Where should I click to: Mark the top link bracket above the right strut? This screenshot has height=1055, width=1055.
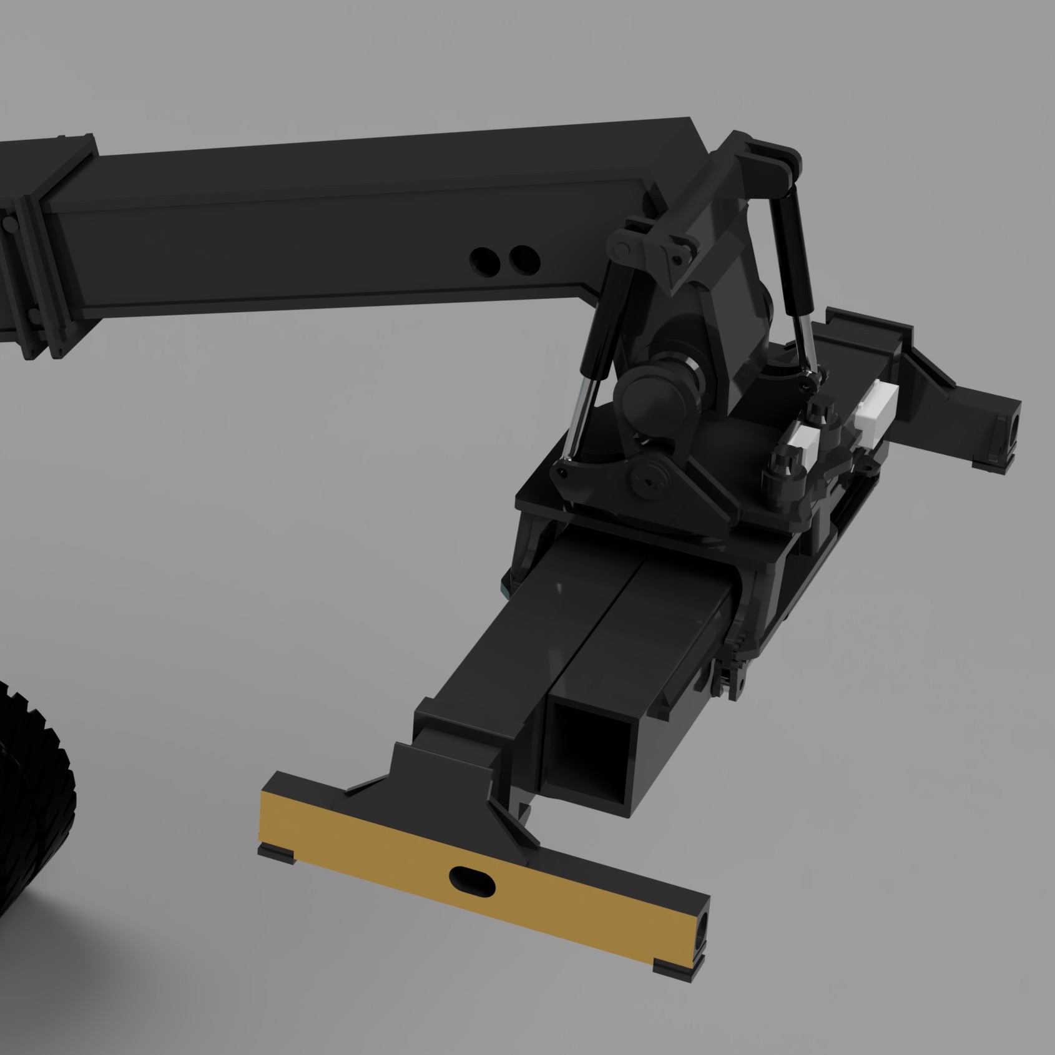771,160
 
